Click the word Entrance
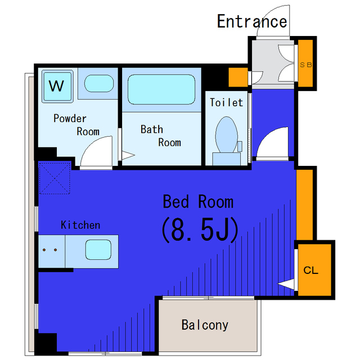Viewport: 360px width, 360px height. coord(252,21)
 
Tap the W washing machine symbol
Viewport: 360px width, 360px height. coord(57,86)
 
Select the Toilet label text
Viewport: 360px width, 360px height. coord(226,102)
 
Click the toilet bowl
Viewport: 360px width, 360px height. coord(226,135)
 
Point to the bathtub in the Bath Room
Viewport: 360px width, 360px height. coord(161,89)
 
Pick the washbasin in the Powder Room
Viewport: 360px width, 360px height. coord(99,84)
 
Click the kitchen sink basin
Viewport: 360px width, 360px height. coord(98,250)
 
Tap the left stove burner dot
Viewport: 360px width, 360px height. coord(44,250)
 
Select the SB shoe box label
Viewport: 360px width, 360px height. coord(306,65)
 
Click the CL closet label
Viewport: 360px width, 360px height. coord(310,270)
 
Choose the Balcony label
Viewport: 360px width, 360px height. coord(205,325)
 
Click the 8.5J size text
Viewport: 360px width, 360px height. coord(200,230)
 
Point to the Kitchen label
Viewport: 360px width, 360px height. coord(80,225)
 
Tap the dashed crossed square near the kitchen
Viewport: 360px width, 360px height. coord(55,178)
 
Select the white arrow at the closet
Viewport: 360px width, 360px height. coord(286,284)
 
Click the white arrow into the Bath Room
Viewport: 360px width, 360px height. coord(128,155)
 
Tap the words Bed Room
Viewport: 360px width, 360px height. coord(198,202)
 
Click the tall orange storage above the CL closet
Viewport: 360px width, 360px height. coord(304,205)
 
